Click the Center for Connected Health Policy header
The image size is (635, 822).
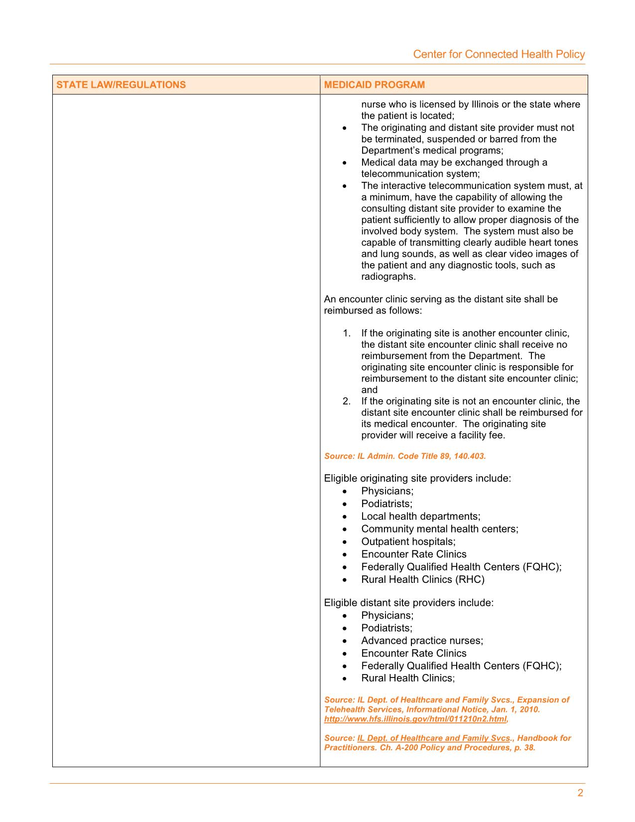click(499, 54)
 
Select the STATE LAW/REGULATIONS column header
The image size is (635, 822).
click(121, 85)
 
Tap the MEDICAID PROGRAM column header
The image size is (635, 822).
click(375, 85)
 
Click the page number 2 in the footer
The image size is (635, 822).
click(580, 793)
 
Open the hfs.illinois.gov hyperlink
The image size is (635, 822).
click(415, 719)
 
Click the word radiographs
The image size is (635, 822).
click(388, 276)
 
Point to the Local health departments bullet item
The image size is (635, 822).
click(421, 516)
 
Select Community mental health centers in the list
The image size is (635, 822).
click(440, 529)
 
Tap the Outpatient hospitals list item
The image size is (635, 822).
click(408, 542)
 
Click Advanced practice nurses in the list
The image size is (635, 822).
click(422, 641)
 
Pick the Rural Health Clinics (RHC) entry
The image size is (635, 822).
click(423, 579)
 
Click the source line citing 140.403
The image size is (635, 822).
click(405, 456)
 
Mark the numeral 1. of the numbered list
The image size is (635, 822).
click(347, 333)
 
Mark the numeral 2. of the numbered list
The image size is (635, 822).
click(347, 402)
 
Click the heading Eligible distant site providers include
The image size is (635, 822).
click(409, 603)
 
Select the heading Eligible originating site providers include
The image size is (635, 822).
click(417, 478)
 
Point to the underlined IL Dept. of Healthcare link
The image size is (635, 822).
click(431, 738)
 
